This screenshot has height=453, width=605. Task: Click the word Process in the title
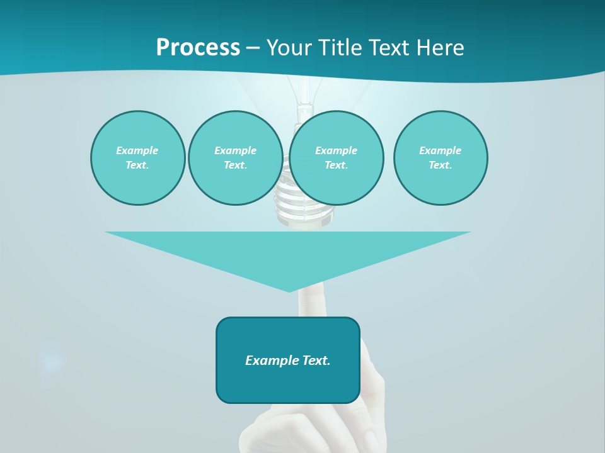pyautogui.click(x=198, y=48)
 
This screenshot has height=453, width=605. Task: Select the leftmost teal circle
pyautogui.click(x=138, y=158)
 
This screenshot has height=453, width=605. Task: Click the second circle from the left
pyautogui.click(x=235, y=158)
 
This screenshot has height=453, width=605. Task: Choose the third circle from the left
pyautogui.click(x=337, y=158)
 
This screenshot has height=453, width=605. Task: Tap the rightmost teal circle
pyautogui.click(x=441, y=158)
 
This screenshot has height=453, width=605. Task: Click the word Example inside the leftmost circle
pyautogui.click(x=137, y=150)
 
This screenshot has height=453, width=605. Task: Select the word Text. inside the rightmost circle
pyautogui.click(x=441, y=165)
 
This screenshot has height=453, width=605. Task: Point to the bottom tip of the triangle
pyautogui.click(x=289, y=291)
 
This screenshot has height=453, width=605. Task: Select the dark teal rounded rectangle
pyautogui.click(x=288, y=360)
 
